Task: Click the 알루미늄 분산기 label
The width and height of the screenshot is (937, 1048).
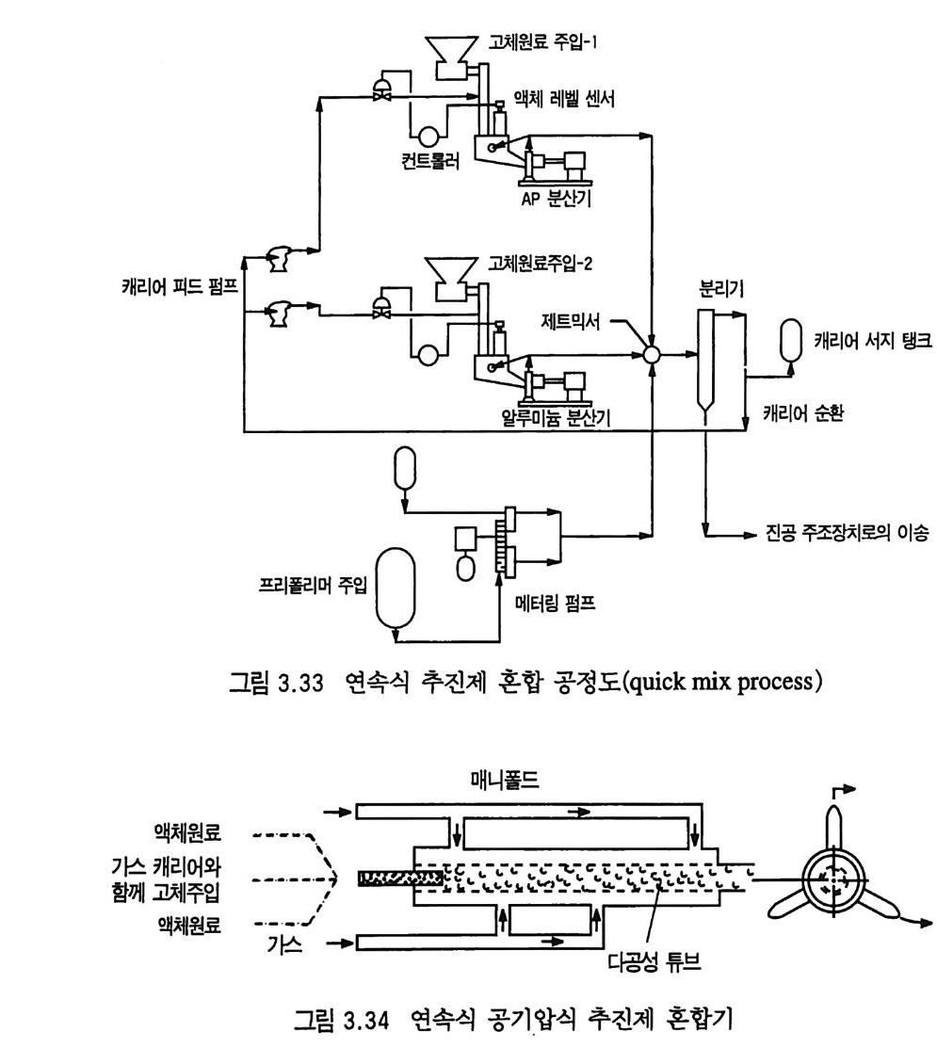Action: (x=553, y=417)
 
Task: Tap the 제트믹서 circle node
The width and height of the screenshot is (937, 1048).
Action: (x=650, y=356)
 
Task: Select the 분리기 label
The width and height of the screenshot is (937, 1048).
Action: (x=717, y=288)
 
